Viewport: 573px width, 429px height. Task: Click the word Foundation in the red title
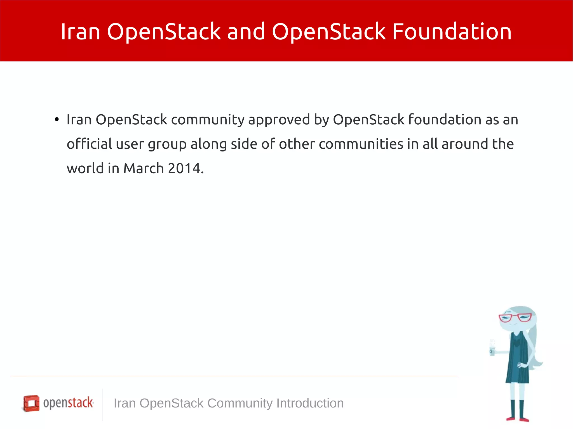(452, 31)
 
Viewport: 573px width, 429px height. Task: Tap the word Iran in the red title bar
(80, 31)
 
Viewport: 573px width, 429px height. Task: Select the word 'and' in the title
(246, 31)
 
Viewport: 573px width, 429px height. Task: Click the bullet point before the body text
(57, 120)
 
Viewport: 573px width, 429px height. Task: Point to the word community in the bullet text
(208, 120)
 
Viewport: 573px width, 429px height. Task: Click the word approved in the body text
(279, 120)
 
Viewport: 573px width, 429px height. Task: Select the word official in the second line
(89, 144)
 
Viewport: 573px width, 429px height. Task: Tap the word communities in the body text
(361, 144)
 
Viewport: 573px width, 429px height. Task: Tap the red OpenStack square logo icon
(31, 403)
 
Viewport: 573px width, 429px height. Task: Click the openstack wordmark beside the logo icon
(68, 403)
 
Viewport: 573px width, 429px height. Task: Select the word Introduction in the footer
(310, 403)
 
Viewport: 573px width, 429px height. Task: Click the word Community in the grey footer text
(240, 403)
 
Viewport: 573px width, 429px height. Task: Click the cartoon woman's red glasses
(515, 317)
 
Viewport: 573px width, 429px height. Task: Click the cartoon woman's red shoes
(518, 419)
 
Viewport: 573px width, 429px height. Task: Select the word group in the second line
(167, 144)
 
